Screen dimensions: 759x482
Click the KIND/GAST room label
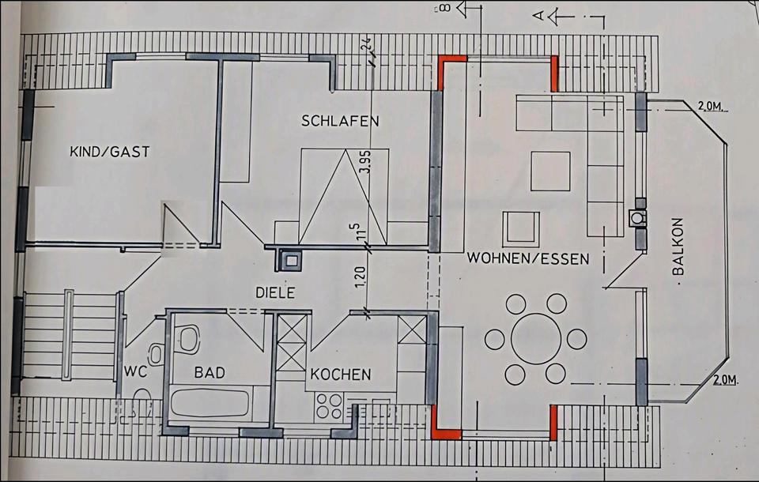coord(110,152)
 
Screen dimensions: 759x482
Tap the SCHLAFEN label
coord(340,120)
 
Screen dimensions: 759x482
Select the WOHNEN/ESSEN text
coord(528,258)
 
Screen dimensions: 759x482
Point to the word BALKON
coord(678,247)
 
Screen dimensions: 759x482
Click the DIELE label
coord(275,293)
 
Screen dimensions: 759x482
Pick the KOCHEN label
coord(341,374)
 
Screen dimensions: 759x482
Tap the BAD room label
coord(210,372)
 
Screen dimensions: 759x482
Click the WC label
coord(135,371)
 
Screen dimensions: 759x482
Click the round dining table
coord(536,338)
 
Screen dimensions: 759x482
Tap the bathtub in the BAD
coord(210,404)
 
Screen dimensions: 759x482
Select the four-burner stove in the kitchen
coord(329,405)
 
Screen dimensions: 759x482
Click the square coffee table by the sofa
coord(550,171)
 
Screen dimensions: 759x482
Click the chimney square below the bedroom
coord(292,261)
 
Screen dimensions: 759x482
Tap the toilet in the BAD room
coord(188,338)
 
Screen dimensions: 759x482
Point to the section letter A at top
coord(538,16)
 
